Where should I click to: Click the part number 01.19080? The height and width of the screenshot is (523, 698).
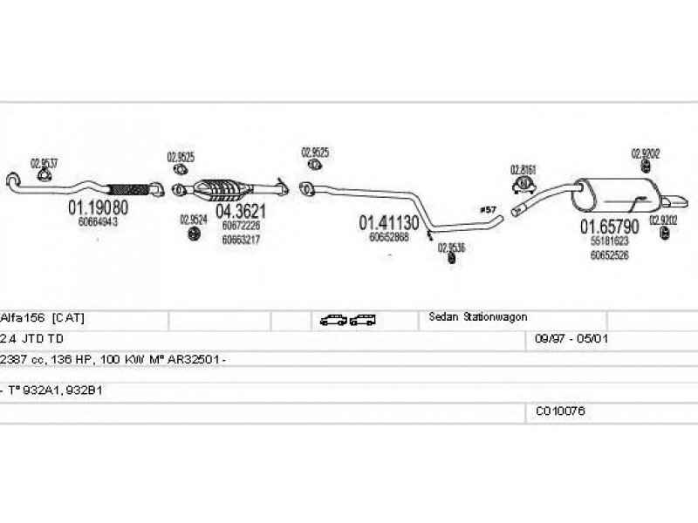click(x=98, y=208)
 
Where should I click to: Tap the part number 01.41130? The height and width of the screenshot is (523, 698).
click(x=389, y=223)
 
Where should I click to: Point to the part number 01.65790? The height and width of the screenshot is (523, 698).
click(x=610, y=227)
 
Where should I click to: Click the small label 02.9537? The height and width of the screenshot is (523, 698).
click(x=44, y=162)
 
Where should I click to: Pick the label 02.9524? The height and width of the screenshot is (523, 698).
click(x=193, y=220)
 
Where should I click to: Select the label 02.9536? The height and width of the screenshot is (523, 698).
click(x=451, y=247)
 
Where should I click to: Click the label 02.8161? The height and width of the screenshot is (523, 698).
click(x=523, y=168)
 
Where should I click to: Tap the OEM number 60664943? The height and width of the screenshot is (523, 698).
click(x=98, y=223)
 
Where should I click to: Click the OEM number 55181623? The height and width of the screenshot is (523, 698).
click(x=610, y=241)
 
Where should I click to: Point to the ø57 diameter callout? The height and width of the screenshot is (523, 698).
click(x=488, y=210)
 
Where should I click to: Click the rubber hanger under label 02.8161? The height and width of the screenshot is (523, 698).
click(x=523, y=185)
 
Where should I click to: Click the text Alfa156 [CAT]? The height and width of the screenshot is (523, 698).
click(x=43, y=317)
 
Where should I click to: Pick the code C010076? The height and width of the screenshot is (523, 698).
click(x=561, y=411)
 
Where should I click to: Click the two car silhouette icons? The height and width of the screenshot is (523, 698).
click(x=347, y=320)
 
